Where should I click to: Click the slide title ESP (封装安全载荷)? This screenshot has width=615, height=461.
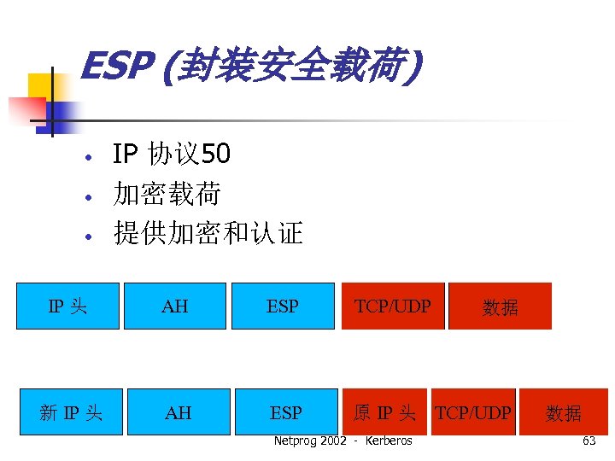250,67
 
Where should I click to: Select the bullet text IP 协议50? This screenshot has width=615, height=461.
171,155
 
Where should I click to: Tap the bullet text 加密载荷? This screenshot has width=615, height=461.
167,195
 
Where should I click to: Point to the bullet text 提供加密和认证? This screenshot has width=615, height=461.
208,233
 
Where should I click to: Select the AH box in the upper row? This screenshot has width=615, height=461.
175,306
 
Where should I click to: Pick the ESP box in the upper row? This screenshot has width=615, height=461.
283,306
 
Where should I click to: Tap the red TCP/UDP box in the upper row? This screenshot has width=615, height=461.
393,306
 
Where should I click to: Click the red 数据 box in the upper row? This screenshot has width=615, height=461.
500,306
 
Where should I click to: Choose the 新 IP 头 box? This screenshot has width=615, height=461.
71,412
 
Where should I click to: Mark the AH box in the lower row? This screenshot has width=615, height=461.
178,412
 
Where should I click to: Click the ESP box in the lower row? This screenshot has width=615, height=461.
286,412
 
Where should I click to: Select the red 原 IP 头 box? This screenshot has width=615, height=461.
384,412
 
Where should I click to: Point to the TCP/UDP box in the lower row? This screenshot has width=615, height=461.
473,412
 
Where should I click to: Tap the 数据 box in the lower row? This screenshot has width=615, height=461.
564,412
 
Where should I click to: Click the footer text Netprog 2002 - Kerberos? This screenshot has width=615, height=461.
343,441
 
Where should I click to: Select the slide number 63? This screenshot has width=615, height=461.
589,441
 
